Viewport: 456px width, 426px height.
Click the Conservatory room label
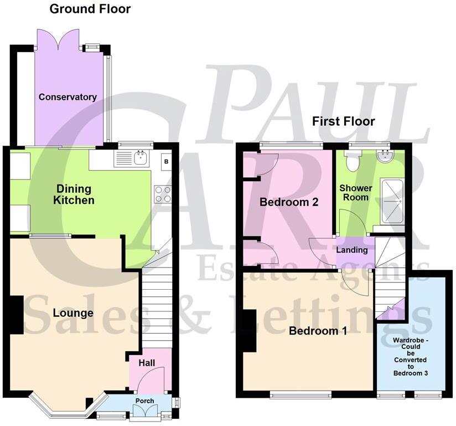click(68, 97)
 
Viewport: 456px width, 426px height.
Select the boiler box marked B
click(165, 162)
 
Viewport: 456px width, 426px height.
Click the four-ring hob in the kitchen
click(163, 194)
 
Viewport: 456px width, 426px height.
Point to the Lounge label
click(73, 313)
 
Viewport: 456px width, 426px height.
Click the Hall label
click(147, 363)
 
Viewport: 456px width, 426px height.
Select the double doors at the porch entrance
click(143, 411)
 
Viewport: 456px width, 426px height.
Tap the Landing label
click(352, 250)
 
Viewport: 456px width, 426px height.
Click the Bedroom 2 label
click(289, 202)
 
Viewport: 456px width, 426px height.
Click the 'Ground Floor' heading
click(90, 9)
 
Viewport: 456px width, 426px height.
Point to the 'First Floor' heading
click(343, 121)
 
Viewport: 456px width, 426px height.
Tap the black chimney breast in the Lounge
click(16, 315)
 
